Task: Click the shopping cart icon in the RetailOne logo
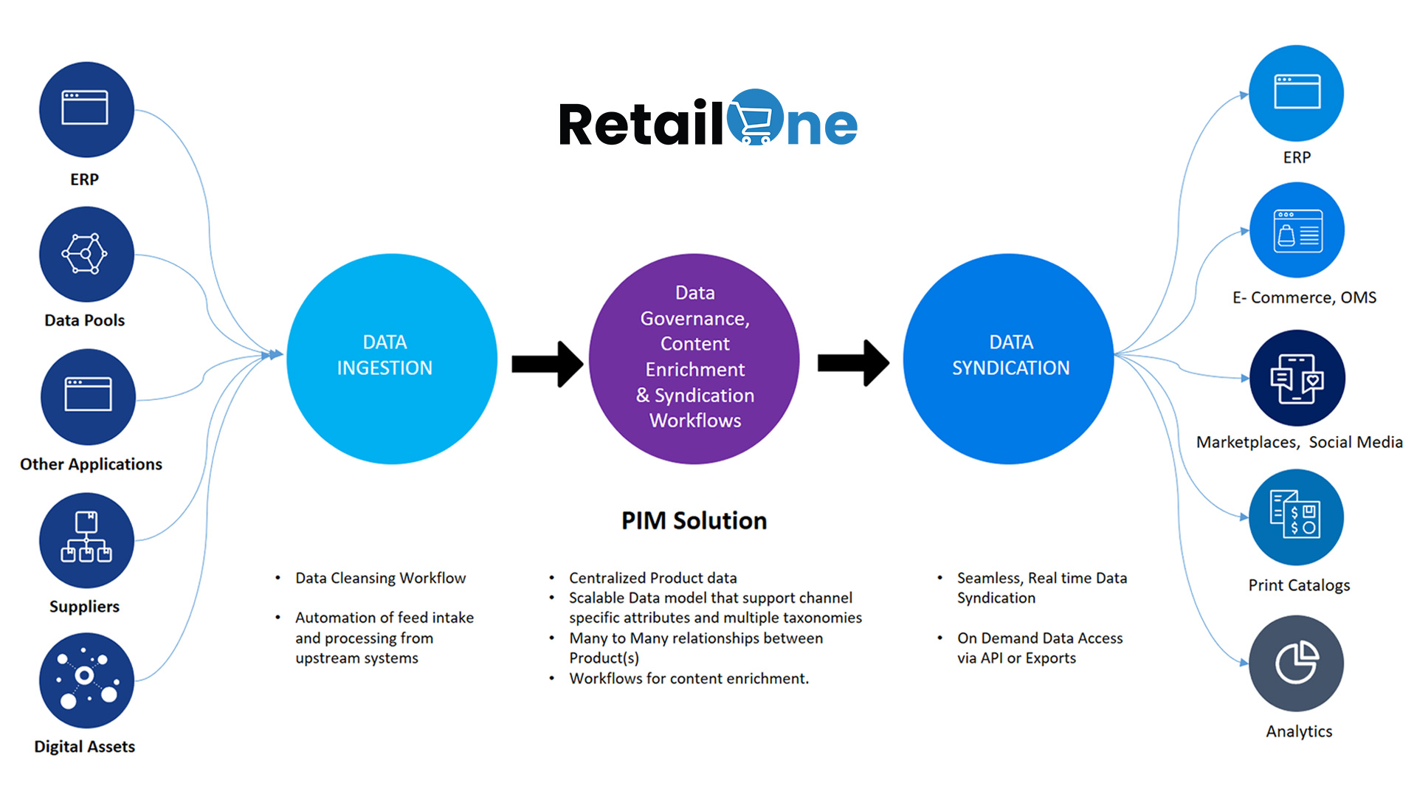coord(755,118)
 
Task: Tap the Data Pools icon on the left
coord(86,254)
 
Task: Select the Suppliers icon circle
coord(86,540)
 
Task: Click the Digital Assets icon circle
coord(86,680)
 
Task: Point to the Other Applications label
coord(91,464)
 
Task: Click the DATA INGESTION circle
coord(392,359)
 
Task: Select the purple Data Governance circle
coord(694,359)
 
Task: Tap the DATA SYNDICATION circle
coord(1008,359)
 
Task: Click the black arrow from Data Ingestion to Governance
coord(547,363)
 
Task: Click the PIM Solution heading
coord(694,521)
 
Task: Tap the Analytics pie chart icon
coord(1296,663)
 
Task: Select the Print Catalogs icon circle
coord(1296,517)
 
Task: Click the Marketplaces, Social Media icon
coord(1297,378)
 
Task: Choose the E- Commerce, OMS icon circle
coord(1297,230)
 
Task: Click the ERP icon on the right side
coord(1296,93)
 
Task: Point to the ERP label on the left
coord(84,179)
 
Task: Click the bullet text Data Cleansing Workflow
coord(380,578)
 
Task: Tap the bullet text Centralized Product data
coord(652,578)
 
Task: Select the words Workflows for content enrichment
coord(689,678)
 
